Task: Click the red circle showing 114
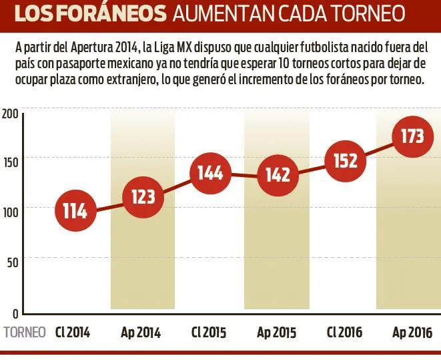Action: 75,211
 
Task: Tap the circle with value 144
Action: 210,173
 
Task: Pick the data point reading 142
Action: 277,176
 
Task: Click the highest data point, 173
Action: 412,136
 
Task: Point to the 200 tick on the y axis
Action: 9,114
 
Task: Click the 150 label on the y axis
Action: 9,160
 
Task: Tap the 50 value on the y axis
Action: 11,261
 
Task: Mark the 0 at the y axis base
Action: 14,313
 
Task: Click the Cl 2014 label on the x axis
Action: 73,332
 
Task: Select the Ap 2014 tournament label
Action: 141,333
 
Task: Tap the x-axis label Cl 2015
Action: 209,332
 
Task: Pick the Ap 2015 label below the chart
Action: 277,333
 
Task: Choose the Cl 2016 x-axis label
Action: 344,332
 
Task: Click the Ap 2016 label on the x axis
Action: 412,333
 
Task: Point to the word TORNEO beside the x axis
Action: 25,332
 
